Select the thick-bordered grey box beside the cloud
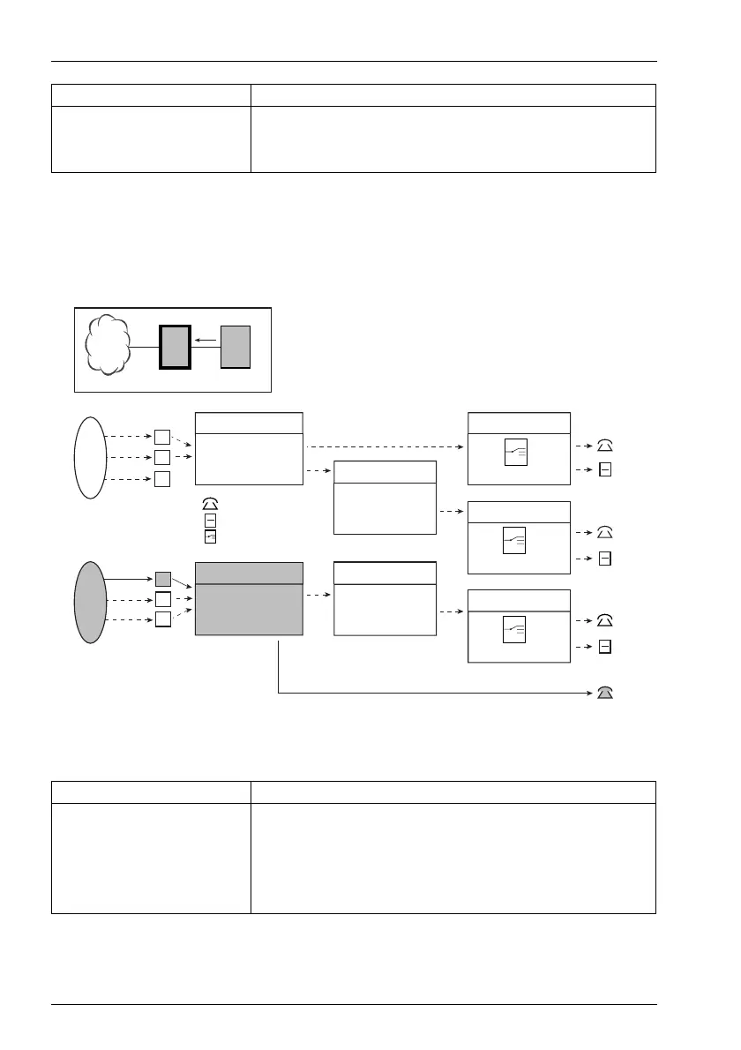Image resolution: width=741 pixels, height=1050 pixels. [175, 347]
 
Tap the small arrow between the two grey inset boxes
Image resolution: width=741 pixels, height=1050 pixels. [205, 339]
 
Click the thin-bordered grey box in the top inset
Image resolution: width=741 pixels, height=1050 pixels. [236, 347]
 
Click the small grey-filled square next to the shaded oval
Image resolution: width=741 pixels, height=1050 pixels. [162, 579]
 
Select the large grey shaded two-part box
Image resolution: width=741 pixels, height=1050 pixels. [248, 598]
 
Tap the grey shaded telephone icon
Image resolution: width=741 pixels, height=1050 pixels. [604, 693]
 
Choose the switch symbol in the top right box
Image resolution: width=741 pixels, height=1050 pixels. [515, 452]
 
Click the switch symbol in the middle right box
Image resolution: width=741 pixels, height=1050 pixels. [515, 540]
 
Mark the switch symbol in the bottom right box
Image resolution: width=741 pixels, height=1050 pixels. [515, 628]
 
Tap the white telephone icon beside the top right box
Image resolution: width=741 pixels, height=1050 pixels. [604, 447]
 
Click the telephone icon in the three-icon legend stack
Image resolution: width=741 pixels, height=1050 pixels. [209, 505]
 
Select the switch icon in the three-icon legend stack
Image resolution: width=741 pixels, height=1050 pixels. [209, 535]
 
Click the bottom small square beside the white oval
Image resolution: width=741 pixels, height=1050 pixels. [162, 479]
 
